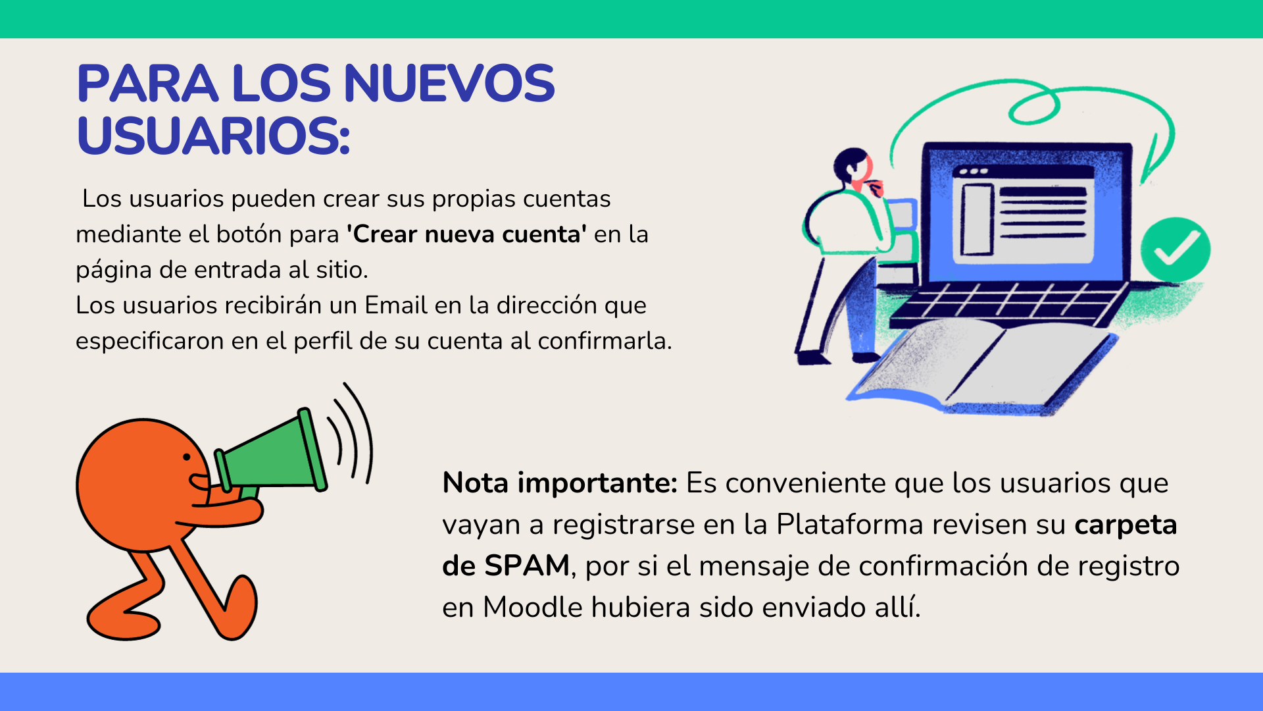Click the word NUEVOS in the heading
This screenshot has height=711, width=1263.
tap(449, 84)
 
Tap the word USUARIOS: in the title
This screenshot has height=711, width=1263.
tap(213, 136)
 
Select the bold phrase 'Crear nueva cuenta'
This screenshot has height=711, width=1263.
tap(466, 234)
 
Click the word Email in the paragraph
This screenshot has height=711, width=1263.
tap(396, 305)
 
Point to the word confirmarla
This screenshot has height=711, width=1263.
tap(605, 341)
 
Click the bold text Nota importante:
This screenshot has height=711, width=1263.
tap(560, 483)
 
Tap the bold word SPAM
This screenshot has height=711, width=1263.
tap(526, 566)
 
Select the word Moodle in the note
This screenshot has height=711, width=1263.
tap(533, 608)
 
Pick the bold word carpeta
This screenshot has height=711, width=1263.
tap(1126, 525)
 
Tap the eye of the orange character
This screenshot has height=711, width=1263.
tap(187, 456)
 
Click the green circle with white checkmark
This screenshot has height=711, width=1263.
tap(1176, 250)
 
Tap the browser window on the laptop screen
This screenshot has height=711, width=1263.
tap(1024, 214)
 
